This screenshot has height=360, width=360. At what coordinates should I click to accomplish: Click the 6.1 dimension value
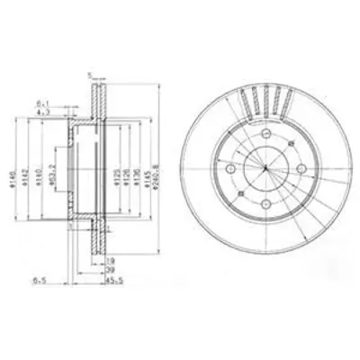click(42, 104)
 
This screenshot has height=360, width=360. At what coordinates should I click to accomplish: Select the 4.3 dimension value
click(43, 112)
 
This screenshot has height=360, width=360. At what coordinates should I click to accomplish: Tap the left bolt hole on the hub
click(232, 171)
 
